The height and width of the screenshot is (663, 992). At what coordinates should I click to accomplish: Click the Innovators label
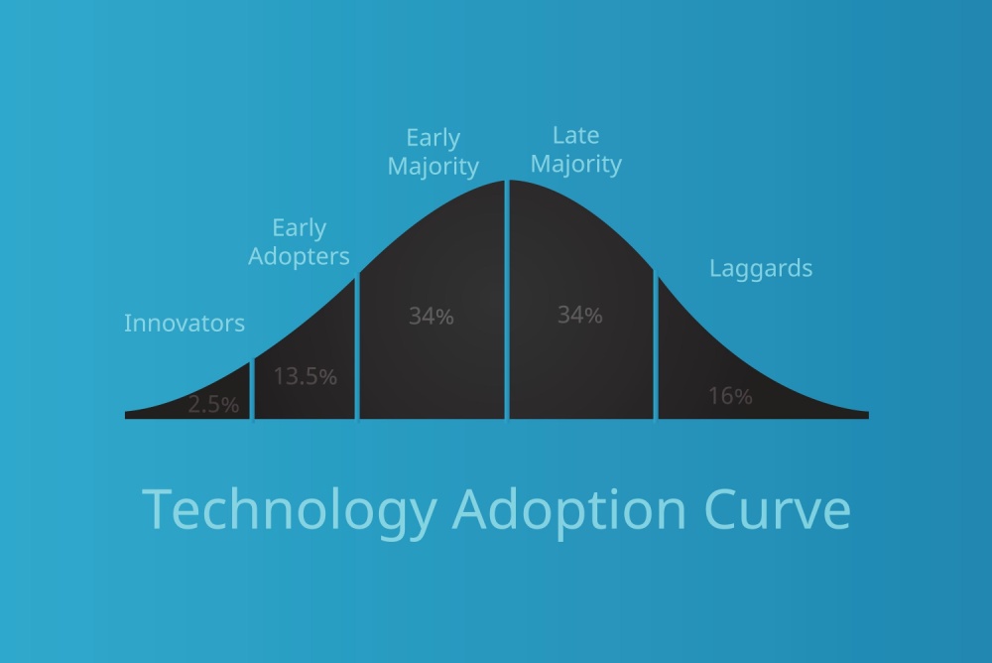(x=185, y=323)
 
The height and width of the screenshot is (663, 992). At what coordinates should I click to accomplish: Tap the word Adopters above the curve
(x=299, y=257)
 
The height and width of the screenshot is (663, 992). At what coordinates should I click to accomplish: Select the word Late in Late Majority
(x=575, y=135)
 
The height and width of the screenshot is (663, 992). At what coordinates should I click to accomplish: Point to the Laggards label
(x=761, y=269)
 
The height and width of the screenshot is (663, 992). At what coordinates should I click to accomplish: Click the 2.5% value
(x=213, y=404)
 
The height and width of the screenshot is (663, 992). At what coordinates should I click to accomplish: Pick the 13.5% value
(x=305, y=376)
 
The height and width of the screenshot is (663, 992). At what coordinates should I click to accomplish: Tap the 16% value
(x=730, y=396)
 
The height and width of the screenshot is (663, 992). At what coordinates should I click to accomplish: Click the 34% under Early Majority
(x=431, y=316)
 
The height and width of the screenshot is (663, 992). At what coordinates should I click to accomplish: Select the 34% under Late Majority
(x=579, y=315)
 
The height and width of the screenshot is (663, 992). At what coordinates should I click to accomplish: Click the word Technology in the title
(x=290, y=510)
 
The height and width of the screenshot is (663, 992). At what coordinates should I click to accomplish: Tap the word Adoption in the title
(x=568, y=510)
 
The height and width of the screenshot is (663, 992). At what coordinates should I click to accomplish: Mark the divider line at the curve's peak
(x=507, y=300)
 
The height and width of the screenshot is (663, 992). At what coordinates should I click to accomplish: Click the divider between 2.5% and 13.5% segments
(x=252, y=389)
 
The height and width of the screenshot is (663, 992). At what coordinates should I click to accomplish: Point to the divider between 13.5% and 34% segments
(x=357, y=346)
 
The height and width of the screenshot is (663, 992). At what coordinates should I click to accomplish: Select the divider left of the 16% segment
(x=656, y=347)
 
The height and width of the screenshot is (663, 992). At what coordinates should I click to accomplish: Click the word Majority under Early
(x=433, y=167)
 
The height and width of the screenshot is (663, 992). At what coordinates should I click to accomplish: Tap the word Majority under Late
(x=575, y=165)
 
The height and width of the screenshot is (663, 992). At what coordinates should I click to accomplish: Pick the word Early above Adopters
(x=300, y=228)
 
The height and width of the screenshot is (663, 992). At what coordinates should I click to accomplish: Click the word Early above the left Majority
(x=433, y=138)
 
